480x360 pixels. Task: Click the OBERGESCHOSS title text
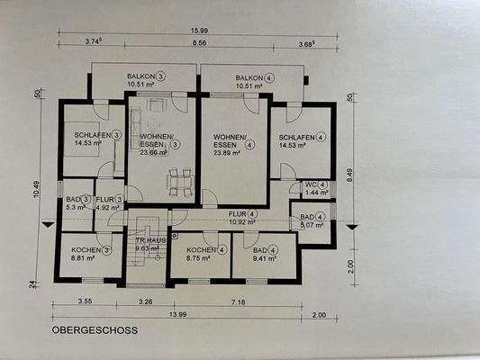pyautogui.click(x=95, y=330)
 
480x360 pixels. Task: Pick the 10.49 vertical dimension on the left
pyautogui.click(x=37, y=192)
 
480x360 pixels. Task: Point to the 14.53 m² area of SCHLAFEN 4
pyautogui.click(x=294, y=144)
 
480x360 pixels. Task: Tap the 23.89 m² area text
pyautogui.click(x=227, y=153)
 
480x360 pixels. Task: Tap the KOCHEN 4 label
pyautogui.click(x=204, y=249)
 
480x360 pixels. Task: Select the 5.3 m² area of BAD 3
pyautogui.click(x=75, y=207)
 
